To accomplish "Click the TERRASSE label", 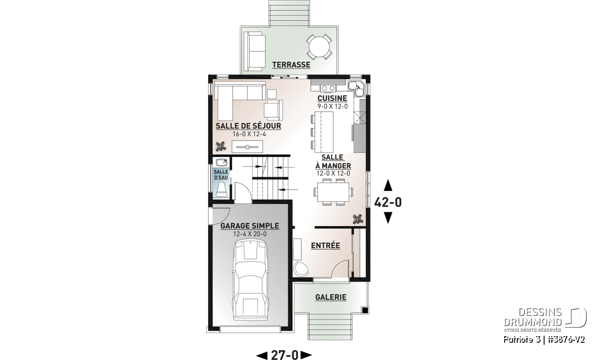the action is coord(291,65).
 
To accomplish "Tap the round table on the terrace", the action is coord(319,47).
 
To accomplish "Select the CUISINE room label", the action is coord(332,98).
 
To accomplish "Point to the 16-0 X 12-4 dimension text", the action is coord(249,134).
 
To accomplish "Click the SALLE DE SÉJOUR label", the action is coord(248,126).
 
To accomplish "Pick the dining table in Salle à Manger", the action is coord(333,192).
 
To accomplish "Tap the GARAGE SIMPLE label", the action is coord(250,226).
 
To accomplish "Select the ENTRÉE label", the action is coord(325,246).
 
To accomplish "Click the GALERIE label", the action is coord(330,297).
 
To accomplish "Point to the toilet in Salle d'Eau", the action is coord(221,190).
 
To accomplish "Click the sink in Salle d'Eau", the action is coord(221,163).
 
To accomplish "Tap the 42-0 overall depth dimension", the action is coord(388,203).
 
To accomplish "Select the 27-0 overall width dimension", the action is coord(285,354).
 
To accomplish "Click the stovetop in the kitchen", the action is coord(328,88).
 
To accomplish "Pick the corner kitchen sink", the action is coord(356,89).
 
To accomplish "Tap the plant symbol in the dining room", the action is coord(358,219).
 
